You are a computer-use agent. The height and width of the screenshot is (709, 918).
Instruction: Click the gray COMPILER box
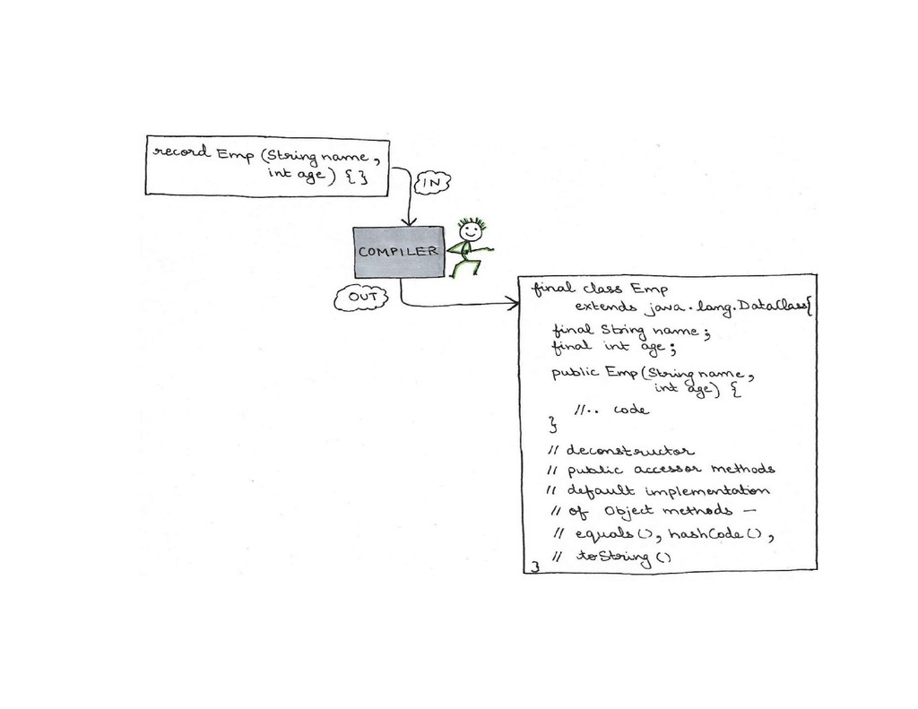(398, 252)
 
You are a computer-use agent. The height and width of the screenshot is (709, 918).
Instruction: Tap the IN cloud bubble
(432, 183)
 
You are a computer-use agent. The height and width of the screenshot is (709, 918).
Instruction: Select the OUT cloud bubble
(360, 298)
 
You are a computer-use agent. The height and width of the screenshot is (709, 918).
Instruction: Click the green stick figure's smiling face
(470, 232)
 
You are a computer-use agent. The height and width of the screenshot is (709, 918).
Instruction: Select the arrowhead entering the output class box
(514, 305)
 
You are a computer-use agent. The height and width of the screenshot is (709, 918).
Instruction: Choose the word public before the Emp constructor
(576, 373)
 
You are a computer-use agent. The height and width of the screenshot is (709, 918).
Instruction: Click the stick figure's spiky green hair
(471, 221)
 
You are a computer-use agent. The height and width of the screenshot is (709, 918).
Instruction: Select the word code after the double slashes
(630, 410)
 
